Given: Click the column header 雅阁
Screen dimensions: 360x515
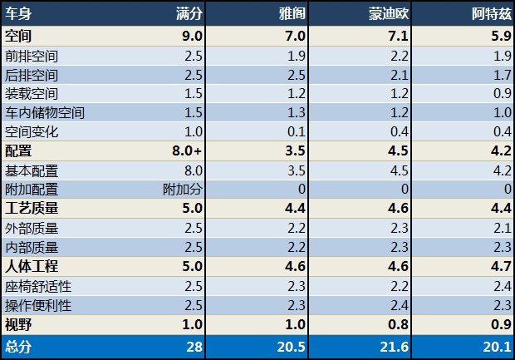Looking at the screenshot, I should [x=292, y=14].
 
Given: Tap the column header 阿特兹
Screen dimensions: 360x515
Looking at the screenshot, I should [x=488, y=14].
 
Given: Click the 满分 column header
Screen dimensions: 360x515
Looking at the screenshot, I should [x=189, y=14].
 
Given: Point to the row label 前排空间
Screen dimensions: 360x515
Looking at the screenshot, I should [x=32, y=57].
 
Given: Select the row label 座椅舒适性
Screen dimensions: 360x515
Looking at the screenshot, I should [x=38, y=285].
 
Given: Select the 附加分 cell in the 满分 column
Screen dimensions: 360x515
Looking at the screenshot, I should [x=183, y=189].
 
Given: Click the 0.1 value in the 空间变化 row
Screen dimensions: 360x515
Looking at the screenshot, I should [x=297, y=132].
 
